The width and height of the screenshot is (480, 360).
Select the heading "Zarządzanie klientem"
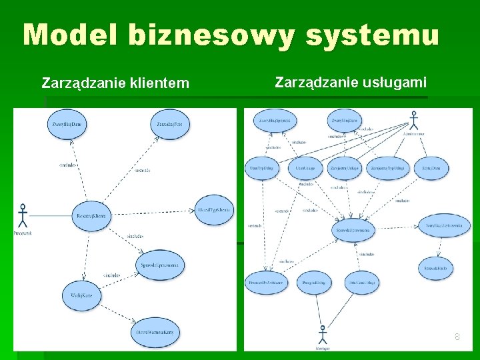[115, 83]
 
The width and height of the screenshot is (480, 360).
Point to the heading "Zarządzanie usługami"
[351, 83]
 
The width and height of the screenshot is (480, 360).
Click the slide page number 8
[457, 337]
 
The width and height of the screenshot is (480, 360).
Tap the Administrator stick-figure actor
[413, 121]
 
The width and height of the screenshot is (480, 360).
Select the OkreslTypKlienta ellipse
[214, 210]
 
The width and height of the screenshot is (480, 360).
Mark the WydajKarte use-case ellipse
[83, 293]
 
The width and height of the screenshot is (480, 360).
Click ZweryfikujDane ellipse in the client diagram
[67, 124]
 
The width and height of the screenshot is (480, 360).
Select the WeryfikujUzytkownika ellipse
[443, 227]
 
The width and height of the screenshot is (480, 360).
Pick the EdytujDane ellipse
[431, 168]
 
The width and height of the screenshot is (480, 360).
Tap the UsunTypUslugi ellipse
[262, 168]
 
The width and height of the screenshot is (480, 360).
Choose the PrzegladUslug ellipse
[313, 283]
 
